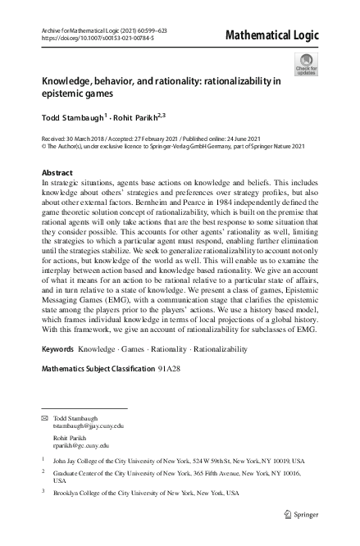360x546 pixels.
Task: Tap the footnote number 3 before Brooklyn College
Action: (43, 493)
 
